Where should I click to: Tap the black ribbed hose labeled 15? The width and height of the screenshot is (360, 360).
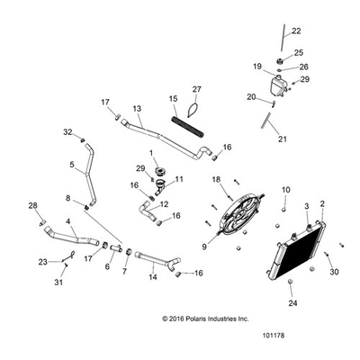(x=187, y=128)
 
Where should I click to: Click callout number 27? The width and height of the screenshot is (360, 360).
(x=197, y=89)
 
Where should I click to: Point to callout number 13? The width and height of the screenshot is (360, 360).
(x=137, y=109)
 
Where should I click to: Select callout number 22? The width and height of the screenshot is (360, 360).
(x=296, y=31)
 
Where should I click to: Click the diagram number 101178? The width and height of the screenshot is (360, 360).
(x=274, y=335)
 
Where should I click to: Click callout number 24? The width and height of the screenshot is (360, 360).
(x=292, y=303)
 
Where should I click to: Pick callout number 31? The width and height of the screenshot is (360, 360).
(x=58, y=283)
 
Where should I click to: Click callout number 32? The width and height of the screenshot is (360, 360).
(x=67, y=131)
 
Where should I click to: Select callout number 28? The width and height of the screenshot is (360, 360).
(x=33, y=206)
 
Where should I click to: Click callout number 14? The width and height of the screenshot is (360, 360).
(x=153, y=276)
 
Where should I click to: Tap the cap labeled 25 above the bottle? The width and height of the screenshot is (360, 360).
(x=280, y=62)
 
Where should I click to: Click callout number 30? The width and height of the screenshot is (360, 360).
(x=334, y=272)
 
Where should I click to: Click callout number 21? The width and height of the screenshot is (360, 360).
(x=283, y=139)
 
